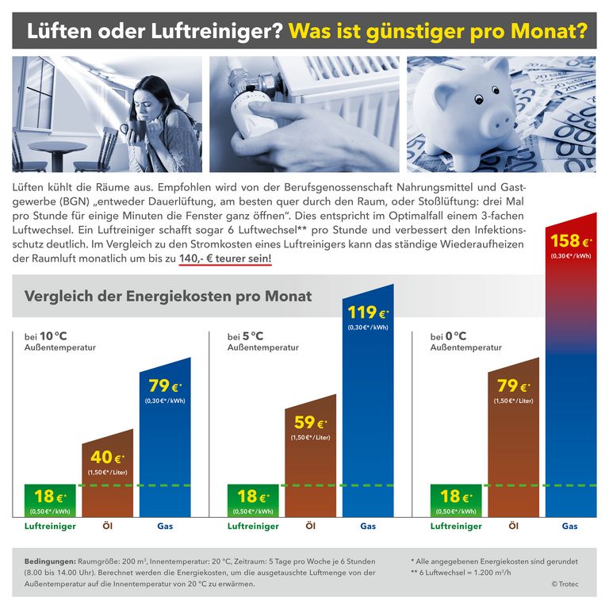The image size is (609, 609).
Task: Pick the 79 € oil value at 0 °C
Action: click(x=512, y=386)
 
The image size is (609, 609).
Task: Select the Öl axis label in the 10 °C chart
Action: click(x=107, y=526)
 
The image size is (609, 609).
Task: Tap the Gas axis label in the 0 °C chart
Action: click(x=570, y=526)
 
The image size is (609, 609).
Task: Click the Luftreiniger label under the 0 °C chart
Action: click(x=456, y=526)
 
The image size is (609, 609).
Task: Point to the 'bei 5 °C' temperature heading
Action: click(x=245, y=336)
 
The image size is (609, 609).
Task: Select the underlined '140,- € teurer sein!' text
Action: click(x=225, y=258)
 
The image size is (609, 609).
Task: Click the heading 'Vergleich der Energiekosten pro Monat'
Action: click(x=168, y=297)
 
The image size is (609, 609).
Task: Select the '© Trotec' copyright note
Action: click(x=566, y=584)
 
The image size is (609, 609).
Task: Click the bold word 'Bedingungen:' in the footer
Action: click(x=51, y=561)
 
